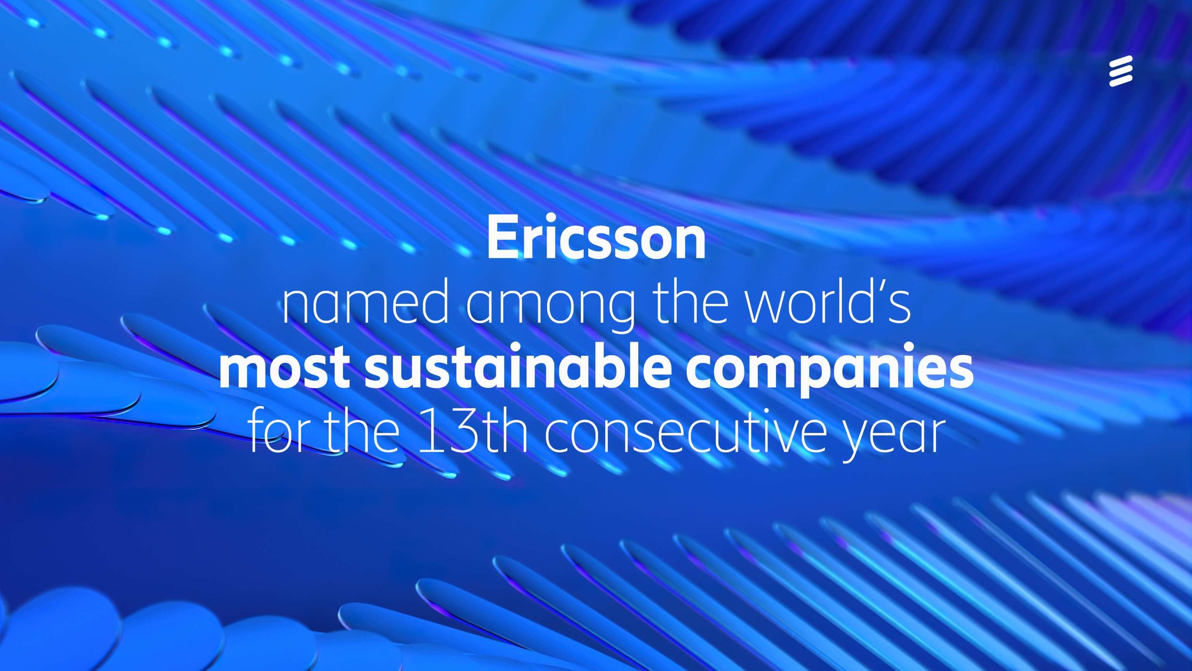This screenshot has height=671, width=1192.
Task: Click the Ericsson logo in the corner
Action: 1120,71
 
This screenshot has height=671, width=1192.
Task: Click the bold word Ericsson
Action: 596,238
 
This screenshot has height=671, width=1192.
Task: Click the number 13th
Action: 473,432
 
